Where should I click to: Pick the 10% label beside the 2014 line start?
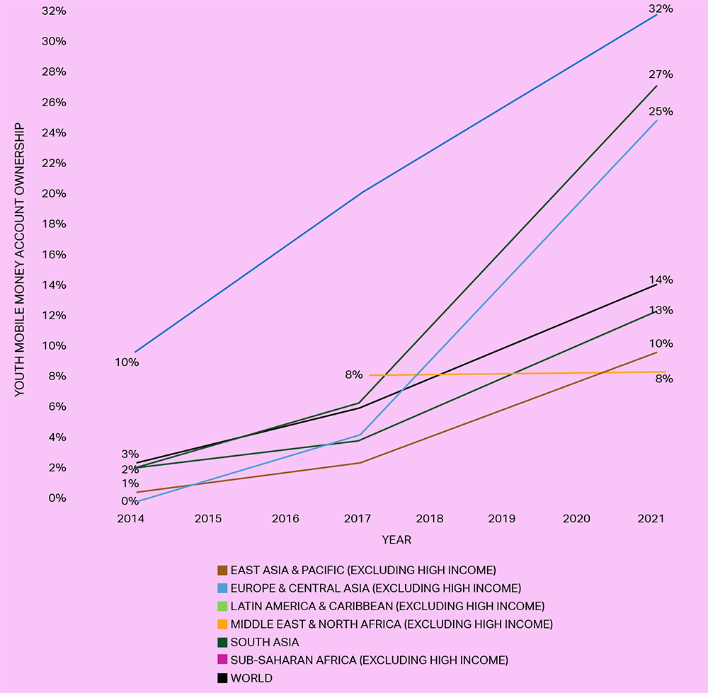(127, 362)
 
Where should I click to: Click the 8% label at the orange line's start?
(354, 375)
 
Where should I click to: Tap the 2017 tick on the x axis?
(358, 519)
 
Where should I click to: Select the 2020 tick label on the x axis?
(576, 519)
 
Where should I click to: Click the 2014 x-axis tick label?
(131, 519)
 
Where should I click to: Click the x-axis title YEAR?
(396, 540)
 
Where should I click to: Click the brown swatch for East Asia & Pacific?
(222, 570)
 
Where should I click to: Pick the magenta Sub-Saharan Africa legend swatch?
(222, 660)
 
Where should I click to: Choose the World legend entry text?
(251, 678)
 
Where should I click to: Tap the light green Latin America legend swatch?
(222, 606)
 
